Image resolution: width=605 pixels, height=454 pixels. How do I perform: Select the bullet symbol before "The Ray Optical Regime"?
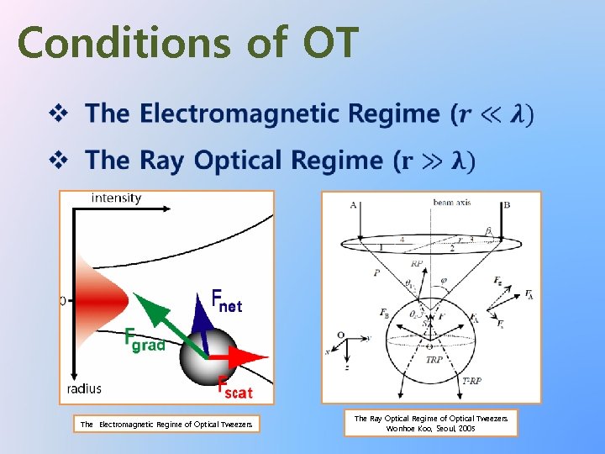pos(63,160)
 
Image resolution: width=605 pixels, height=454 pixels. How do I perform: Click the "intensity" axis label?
pos(116,198)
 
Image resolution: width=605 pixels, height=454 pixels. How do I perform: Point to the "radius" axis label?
pos(84,388)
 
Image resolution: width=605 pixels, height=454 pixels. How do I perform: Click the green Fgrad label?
pos(144,340)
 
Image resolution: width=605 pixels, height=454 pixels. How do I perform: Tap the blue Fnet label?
pos(226,301)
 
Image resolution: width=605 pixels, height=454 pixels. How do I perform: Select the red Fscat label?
pos(235,388)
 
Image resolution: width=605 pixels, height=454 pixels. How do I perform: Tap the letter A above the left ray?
pos(353,204)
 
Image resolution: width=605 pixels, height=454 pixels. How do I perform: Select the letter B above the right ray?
pos(506,204)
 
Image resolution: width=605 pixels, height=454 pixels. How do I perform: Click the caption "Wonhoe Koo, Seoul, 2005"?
pos(431,429)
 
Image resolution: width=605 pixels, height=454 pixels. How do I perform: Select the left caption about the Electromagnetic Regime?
pos(166,425)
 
